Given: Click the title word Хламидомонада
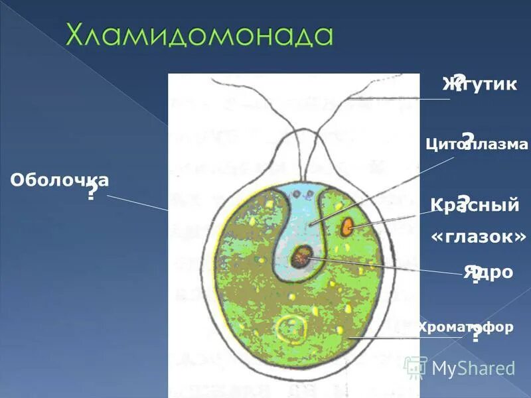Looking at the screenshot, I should (198, 35).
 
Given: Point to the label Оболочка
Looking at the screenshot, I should (60, 180).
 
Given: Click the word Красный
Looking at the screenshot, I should (475, 206).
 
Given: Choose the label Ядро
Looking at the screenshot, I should (489, 272).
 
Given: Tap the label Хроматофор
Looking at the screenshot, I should (465, 327).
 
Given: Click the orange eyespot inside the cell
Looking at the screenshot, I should (346, 227).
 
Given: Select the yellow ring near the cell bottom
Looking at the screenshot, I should (291, 326).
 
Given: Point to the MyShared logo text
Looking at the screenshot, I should (473, 368).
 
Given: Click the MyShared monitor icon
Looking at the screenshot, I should (416, 367).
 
